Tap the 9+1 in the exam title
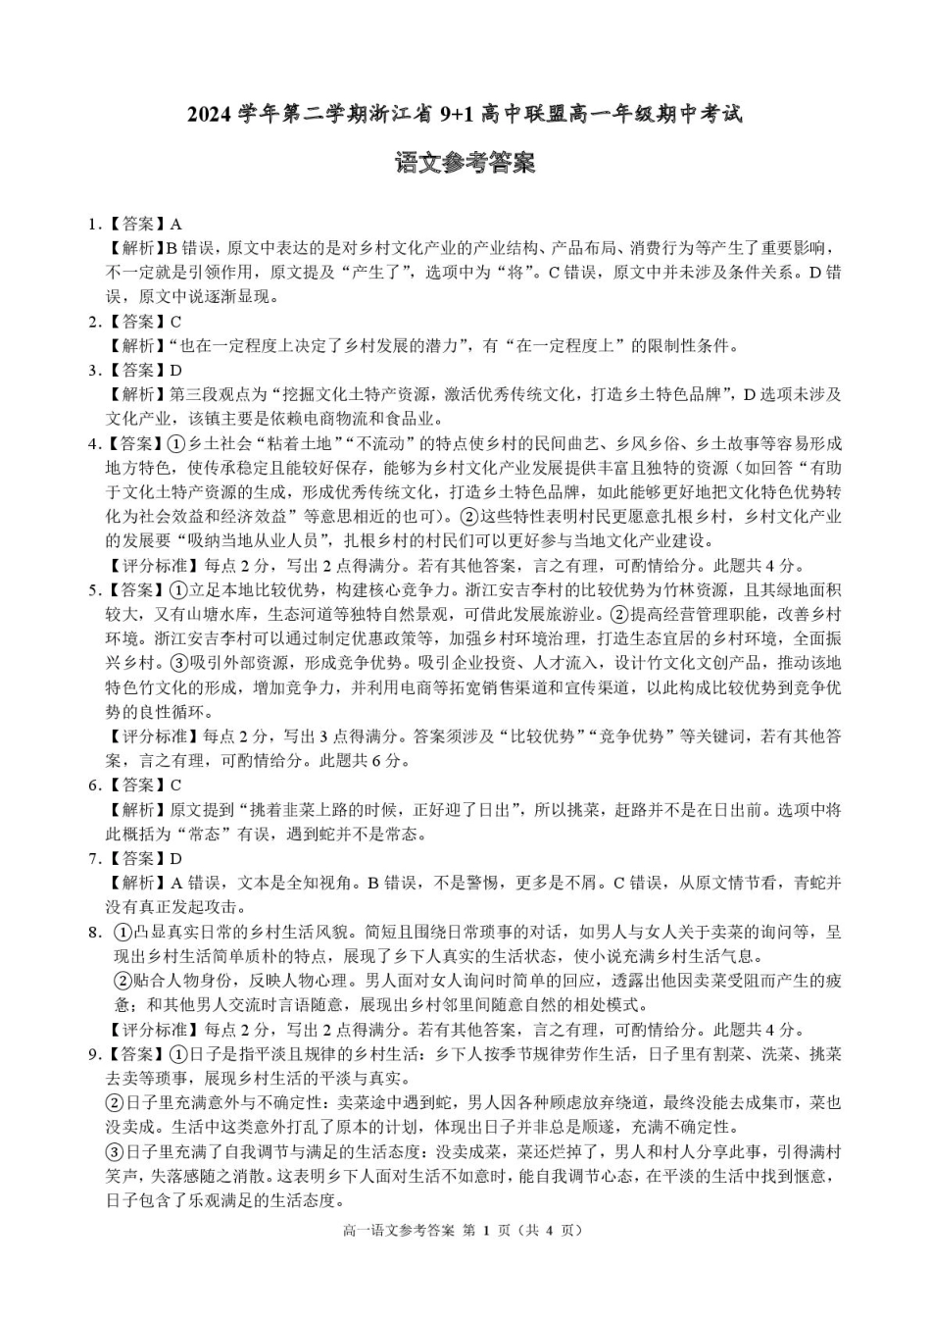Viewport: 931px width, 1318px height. (457, 115)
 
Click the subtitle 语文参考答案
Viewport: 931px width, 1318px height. (465, 163)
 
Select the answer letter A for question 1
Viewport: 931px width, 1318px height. (176, 225)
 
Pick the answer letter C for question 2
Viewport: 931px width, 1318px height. (176, 322)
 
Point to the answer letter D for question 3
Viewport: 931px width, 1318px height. (176, 371)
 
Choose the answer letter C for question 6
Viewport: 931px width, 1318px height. (176, 786)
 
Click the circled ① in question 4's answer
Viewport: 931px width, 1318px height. (177, 444)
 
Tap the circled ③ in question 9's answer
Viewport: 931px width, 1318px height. (114, 1152)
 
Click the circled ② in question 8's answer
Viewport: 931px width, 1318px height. (123, 981)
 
